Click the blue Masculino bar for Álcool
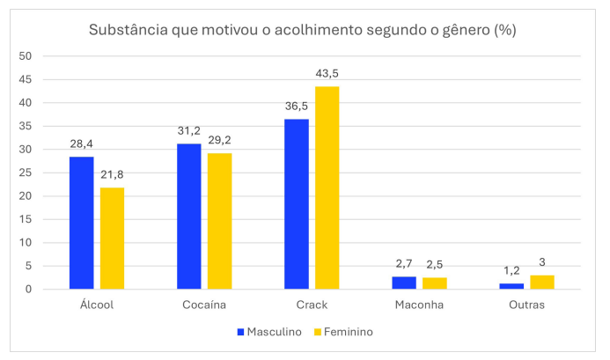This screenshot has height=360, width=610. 82,223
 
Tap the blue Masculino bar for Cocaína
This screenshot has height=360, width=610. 188,216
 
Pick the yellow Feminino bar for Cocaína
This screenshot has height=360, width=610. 219,221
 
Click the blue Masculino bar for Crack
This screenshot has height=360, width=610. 297,204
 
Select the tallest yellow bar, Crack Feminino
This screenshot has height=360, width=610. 327,187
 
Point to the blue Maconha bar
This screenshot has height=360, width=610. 404,283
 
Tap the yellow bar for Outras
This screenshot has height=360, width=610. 542,282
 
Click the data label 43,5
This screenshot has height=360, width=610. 327,76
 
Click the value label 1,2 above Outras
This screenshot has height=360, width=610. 511,272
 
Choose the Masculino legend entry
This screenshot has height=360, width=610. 268,332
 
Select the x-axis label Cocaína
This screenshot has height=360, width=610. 204,305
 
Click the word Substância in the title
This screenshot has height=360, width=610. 129,30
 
